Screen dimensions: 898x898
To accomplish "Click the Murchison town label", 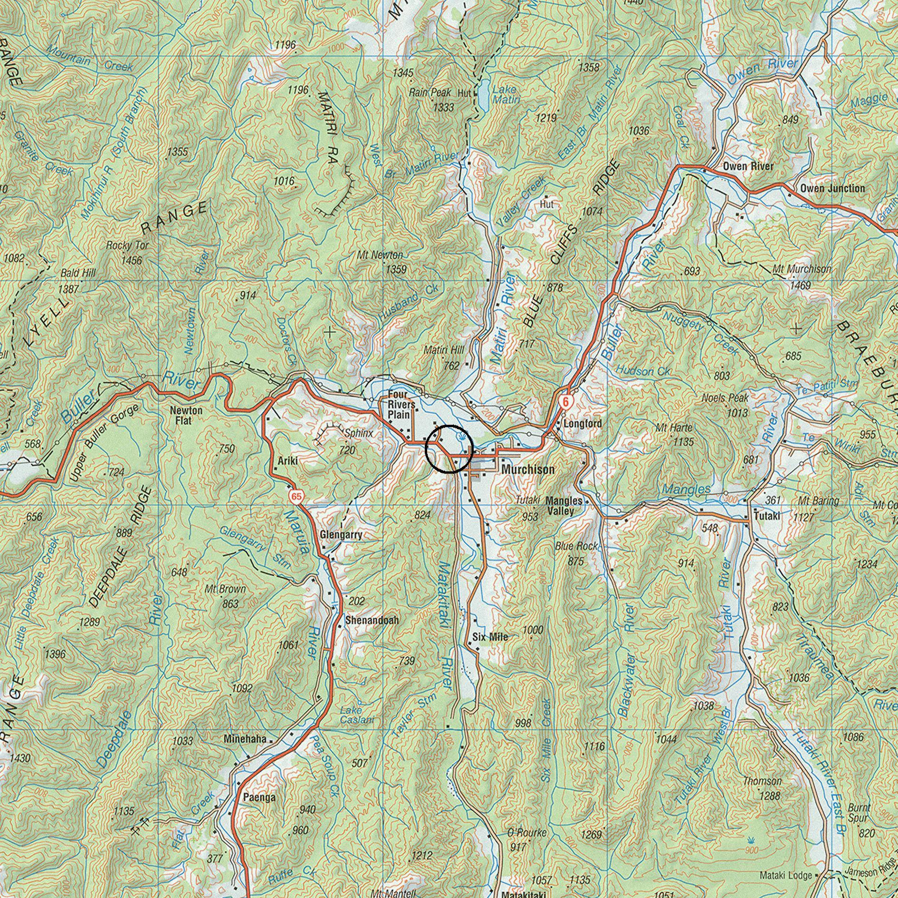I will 528,469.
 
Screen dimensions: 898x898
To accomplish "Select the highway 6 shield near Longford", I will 565,401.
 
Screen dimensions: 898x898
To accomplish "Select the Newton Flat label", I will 186,415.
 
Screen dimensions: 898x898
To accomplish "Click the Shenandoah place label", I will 372,620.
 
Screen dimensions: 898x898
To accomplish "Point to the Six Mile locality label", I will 490,637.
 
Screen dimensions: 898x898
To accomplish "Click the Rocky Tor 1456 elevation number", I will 132,260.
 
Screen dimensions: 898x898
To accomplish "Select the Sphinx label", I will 359,433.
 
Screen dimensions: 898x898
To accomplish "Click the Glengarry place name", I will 341,535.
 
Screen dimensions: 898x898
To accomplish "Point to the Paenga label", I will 259,797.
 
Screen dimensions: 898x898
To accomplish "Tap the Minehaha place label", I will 245,740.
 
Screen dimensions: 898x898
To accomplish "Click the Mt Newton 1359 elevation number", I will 396,269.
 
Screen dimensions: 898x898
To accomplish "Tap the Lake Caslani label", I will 357,715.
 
